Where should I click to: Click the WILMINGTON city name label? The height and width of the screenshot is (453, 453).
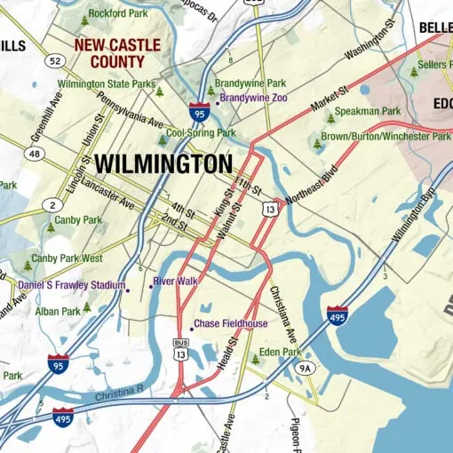point(163,163)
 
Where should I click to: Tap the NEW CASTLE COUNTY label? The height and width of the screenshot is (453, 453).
point(117,53)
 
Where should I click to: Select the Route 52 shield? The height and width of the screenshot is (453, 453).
point(57,60)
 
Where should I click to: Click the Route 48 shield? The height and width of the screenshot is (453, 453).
point(35,154)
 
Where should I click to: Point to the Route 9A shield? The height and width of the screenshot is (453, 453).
point(306,368)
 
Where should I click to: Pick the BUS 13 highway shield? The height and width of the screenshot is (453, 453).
point(181,348)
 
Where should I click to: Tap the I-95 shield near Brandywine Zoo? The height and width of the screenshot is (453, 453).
point(200,112)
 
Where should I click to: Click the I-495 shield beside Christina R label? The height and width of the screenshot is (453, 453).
point(62,417)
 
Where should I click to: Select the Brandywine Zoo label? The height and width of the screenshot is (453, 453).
point(253,97)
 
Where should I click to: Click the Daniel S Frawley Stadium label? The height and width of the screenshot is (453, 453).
point(71,286)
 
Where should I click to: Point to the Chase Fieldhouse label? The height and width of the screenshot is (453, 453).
point(230,324)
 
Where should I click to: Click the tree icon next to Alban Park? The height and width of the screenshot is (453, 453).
point(86,307)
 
